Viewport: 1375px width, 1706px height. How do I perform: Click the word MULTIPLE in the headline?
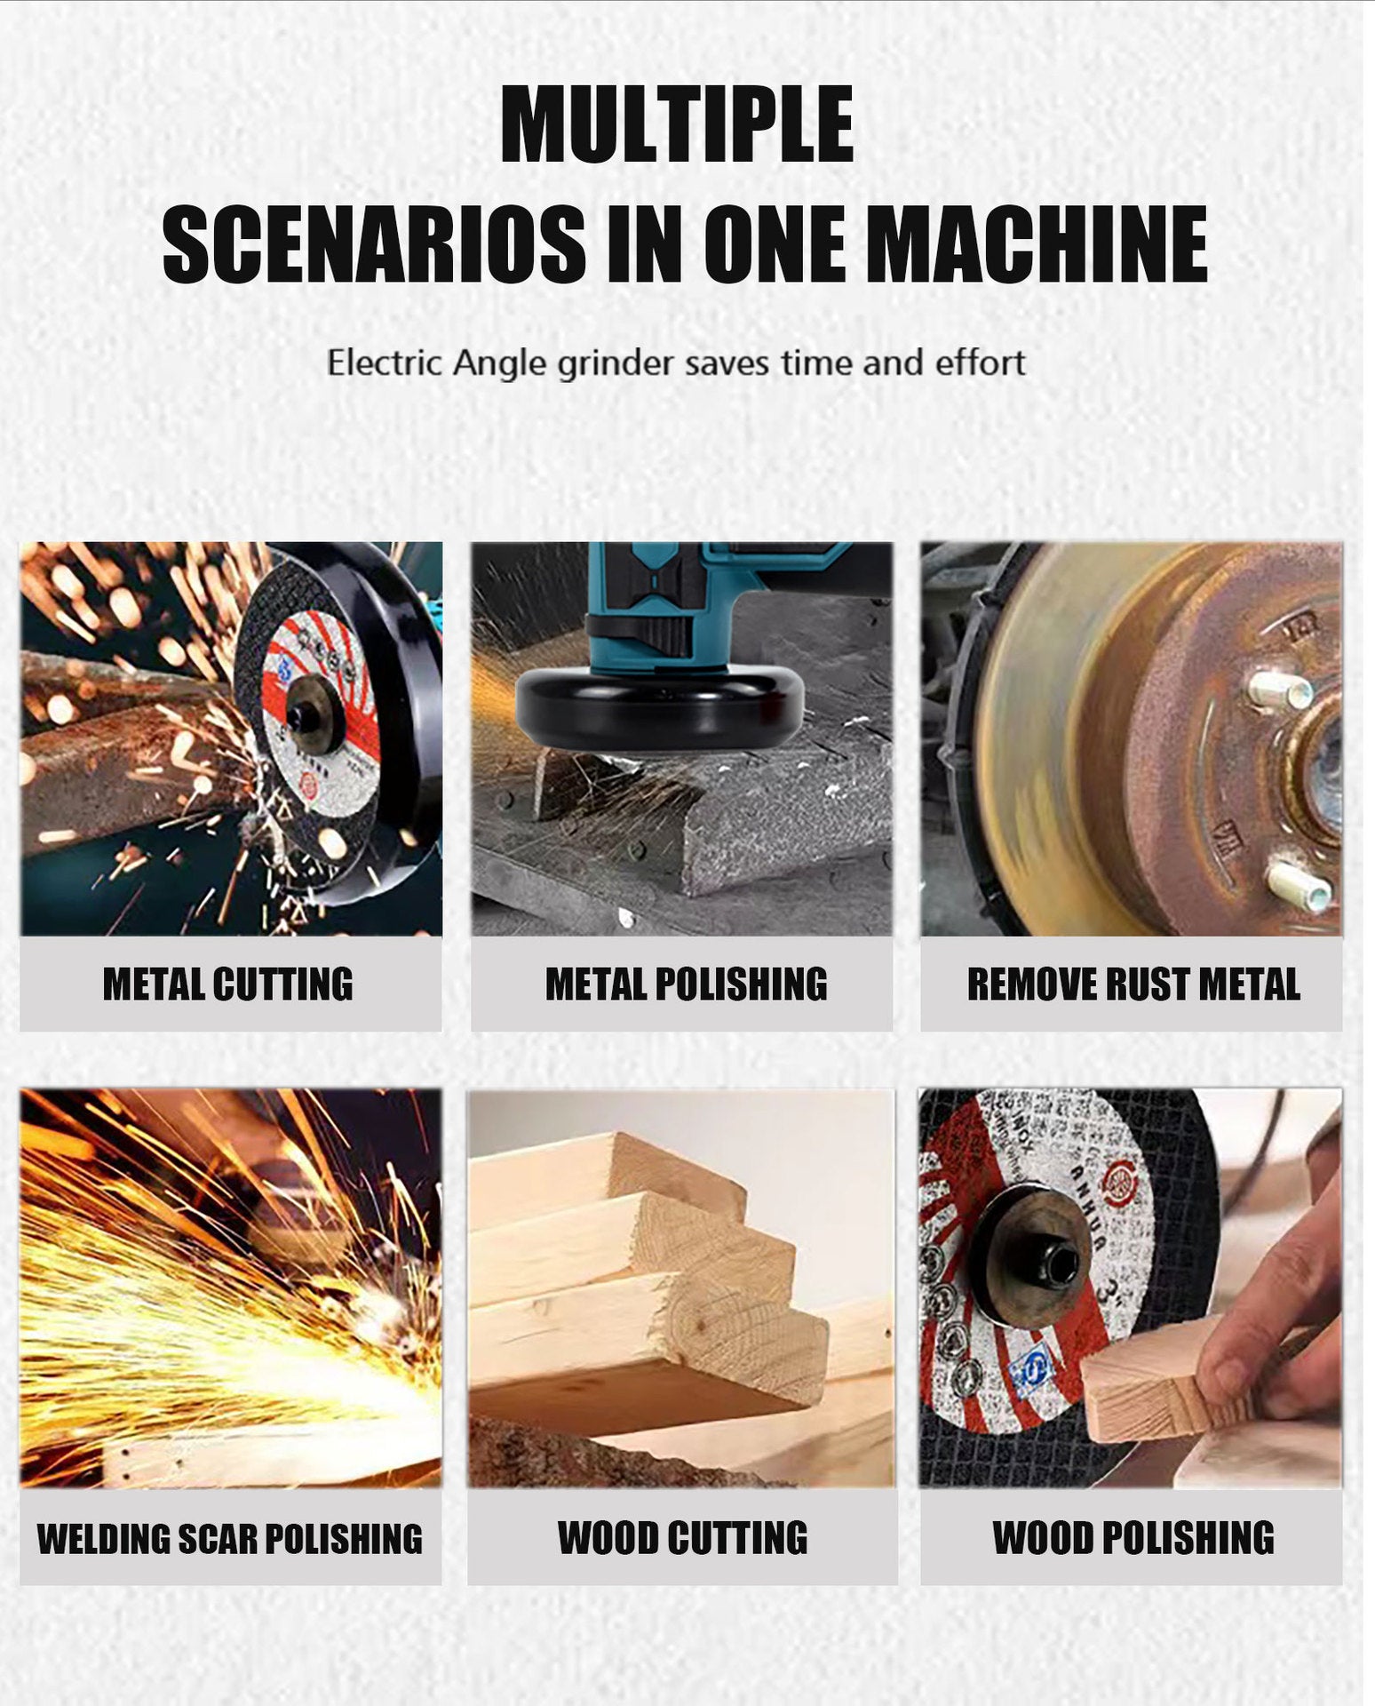(x=677, y=124)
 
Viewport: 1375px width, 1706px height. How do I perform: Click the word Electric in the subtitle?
(x=383, y=363)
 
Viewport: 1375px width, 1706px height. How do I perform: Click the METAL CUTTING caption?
(x=228, y=985)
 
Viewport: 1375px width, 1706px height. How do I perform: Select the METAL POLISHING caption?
(x=686, y=985)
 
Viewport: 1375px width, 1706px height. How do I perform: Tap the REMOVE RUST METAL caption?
(x=1133, y=985)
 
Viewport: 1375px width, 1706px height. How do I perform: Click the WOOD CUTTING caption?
(x=682, y=1538)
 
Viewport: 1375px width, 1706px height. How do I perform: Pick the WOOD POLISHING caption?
(x=1133, y=1538)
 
